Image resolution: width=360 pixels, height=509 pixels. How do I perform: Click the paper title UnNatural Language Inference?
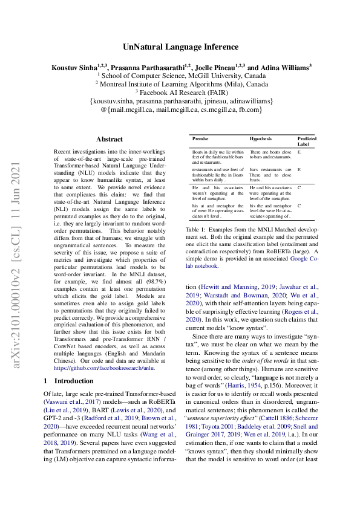pyautogui.click(x=180, y=47)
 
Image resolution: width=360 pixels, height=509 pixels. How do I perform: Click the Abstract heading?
pyautogui.click(x=109, y=138)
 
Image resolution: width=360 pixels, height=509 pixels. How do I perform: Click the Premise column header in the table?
pyautogui.click(x=200, y=138)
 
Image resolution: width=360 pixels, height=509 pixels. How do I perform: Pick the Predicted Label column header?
pyautogui.click(x=307, y=141)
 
